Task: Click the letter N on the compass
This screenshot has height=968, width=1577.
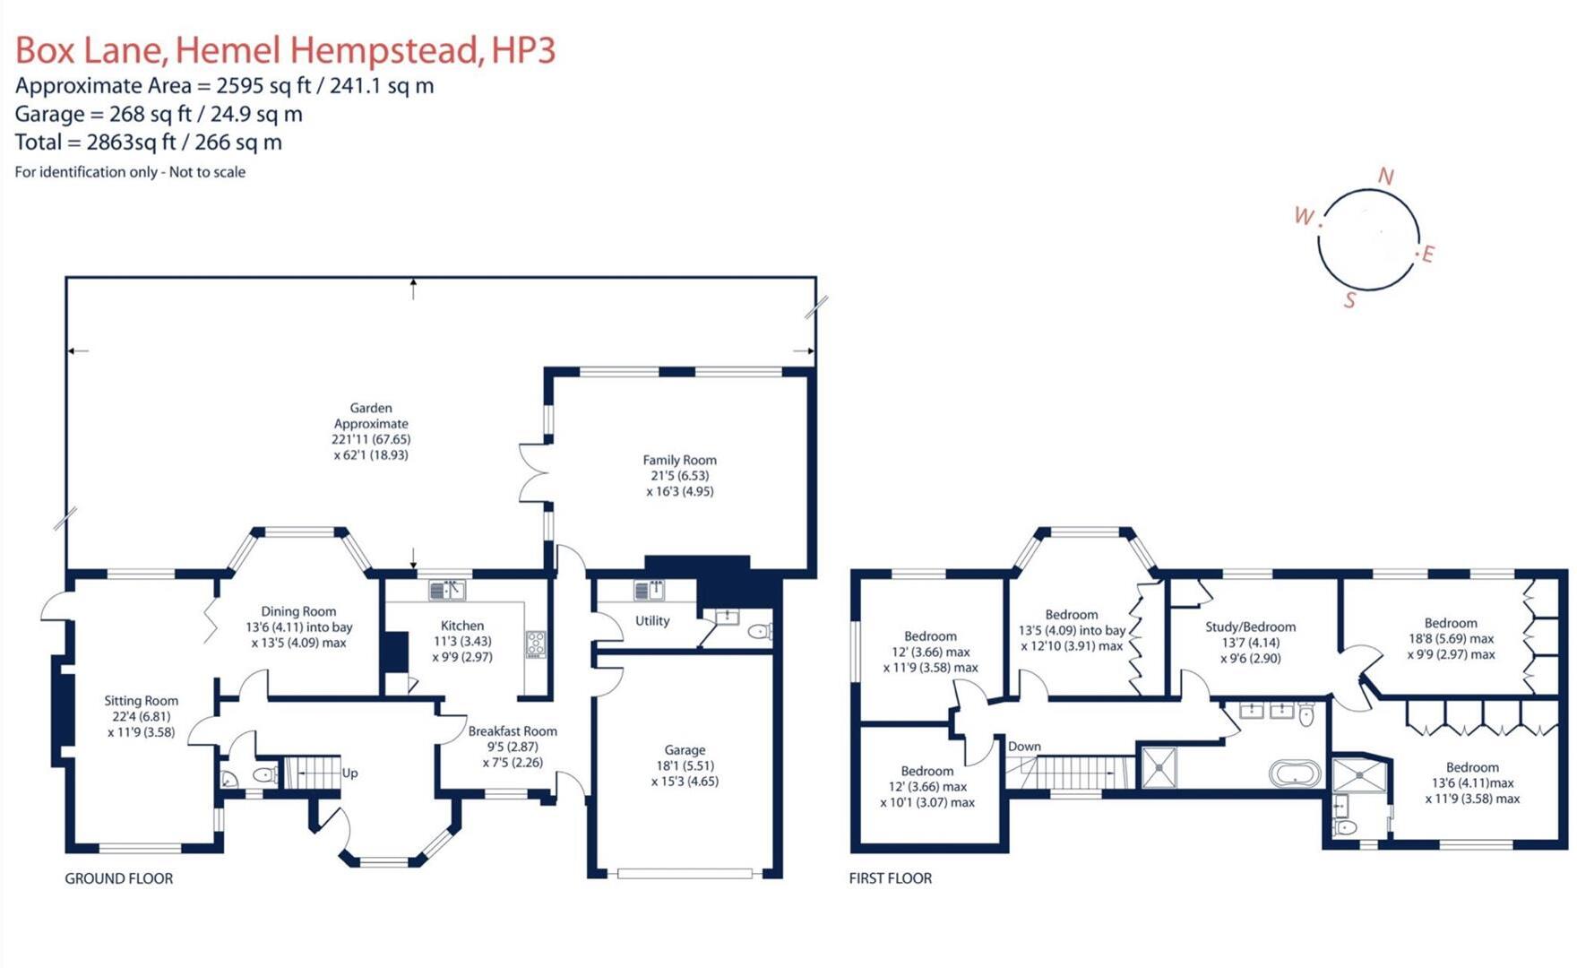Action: (x=1385, y=177)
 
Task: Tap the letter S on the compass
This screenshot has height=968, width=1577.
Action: (x=1349, y=300)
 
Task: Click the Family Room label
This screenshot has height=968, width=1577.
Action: (x=679, y=460)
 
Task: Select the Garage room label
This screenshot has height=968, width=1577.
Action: (x=685, y=750)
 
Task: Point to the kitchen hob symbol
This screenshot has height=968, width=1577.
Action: (x=536, y=644)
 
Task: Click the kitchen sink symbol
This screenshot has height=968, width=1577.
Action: (x=447, y=590)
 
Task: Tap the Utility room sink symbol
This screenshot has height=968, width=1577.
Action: (x=649, y=591)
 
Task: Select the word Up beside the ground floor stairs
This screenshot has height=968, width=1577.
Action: (x=349, y=773)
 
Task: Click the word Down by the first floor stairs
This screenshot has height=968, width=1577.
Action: (x=1024, y=746)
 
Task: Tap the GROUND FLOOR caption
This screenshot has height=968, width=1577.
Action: (x=118, y=878)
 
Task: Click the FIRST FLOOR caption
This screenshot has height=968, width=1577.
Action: (x=890, y=878)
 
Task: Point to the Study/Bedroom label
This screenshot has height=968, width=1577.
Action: (x=1250, y=627)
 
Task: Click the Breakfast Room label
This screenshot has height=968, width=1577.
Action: (x=513, y=731)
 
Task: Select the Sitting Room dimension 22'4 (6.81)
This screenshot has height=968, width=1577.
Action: (x=141, y=716)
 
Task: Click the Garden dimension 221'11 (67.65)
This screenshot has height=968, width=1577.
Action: (x=371, y=439)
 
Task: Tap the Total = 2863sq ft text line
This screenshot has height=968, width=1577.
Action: (x=149, y=143)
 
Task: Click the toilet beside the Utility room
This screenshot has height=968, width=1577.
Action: (x=758, y=632)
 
